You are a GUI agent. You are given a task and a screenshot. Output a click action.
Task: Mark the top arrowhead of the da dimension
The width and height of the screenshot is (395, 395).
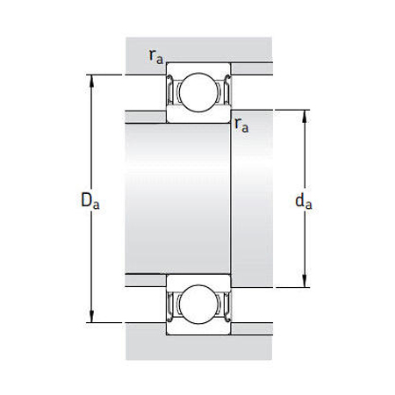coord(305,114)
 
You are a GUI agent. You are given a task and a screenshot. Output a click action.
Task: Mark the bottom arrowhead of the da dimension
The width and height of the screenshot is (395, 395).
coord(305,283)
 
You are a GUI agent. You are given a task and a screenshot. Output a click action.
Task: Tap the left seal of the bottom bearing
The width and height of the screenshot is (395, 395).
coord(171,305)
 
